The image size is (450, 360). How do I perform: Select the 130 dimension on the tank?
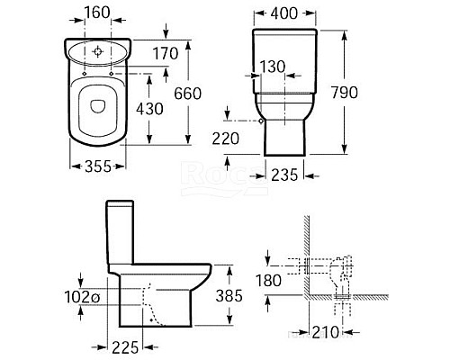tap(272, 66)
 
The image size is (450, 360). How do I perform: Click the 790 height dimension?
tap(366, 92)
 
